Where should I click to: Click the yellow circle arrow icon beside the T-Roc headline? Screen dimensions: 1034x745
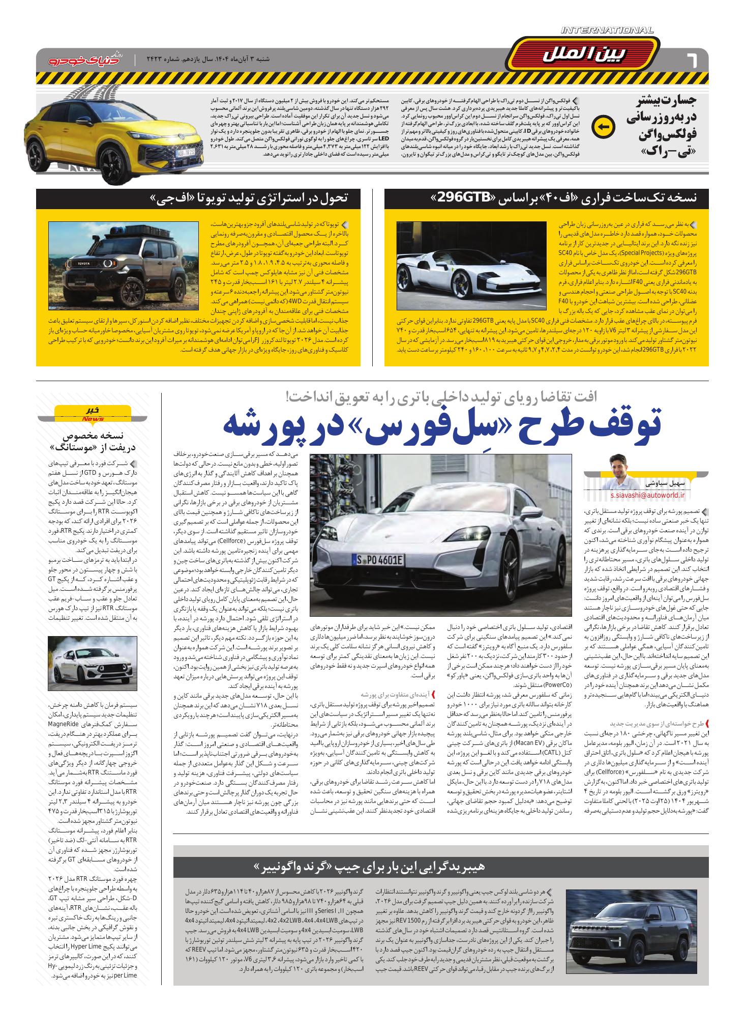(604, 127)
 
